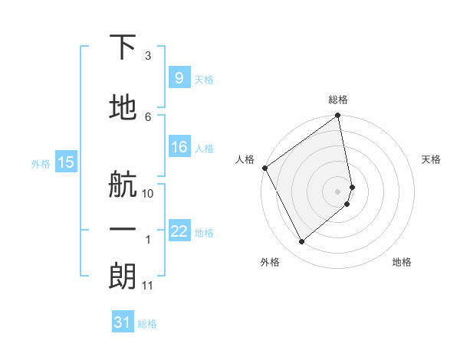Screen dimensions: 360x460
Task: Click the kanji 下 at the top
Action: [x=123, y=48]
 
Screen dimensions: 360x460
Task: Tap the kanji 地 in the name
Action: [x=123, y=108]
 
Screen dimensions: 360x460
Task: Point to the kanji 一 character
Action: [x=123, y=230]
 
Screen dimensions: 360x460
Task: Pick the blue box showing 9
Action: [x=179, y=77]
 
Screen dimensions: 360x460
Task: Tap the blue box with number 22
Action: [x=179, y=231]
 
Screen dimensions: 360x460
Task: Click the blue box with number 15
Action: [x=65, y=162]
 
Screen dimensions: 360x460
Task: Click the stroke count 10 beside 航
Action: [x=148, y=193]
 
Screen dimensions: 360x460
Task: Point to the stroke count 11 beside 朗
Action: [x=148, y=286]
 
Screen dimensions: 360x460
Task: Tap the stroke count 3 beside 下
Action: [x=148, y=56]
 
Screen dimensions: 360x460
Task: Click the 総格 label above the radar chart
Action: [x=338, y=100]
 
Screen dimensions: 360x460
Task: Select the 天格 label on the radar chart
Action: [x=432, y=159]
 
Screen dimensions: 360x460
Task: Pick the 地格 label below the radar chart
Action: [x=402, y=263]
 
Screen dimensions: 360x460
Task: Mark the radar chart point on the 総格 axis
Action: [x=338, y=116]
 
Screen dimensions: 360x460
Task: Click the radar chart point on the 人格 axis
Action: [x=264, y=168]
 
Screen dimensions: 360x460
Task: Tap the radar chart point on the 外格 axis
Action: [x=301, y=242]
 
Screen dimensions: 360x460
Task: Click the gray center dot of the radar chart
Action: [x=338, y=191]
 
